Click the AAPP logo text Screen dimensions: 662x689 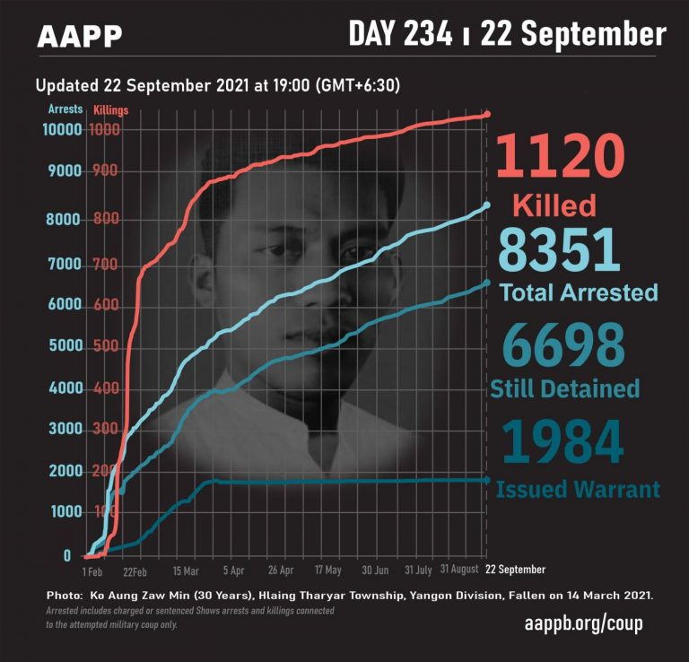tap(80, 37)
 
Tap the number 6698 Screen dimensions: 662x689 tap(563, 345)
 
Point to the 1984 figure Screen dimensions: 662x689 tap(563, 441)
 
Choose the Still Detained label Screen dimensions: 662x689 tap(564, 388)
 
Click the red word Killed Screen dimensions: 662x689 tap(554, 205)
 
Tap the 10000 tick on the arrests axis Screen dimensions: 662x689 tap(61, 129)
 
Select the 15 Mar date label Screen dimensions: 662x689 tap(186, 570)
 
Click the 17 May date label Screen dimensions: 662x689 tap(327, 570)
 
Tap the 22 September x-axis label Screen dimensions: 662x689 tap(515, 570)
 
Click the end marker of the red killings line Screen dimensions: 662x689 tap(487, 114)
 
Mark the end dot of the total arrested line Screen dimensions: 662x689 tap(486, 205)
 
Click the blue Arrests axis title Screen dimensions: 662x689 tap(65, 109)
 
